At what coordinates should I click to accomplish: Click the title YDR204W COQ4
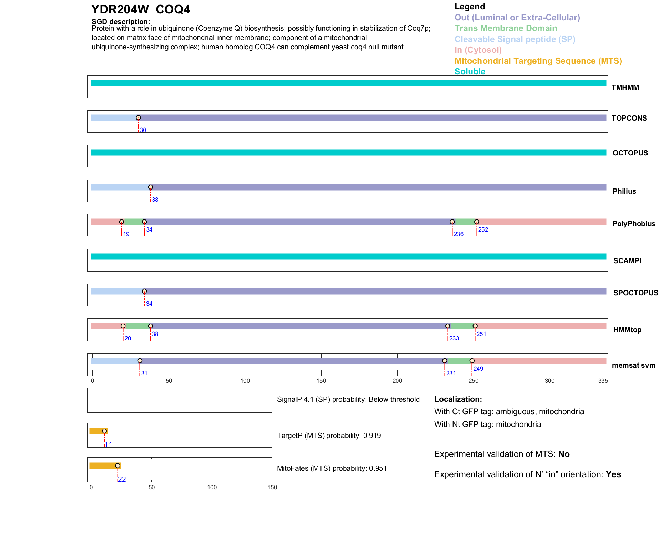click(x=141, y=10)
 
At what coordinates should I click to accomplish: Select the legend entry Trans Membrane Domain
click(x=506, y=28)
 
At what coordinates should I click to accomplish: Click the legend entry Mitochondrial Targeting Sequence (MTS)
click(x=538, y=61)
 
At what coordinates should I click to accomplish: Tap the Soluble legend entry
click(x=470, y=72)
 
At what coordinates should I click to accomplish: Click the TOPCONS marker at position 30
click(x=138, y=118)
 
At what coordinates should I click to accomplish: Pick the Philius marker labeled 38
click(x=150, y=187)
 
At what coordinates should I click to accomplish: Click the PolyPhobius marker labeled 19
click(x=121, y=222)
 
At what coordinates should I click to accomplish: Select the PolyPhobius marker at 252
click(x=477, y=222)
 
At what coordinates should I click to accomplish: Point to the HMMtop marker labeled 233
click(x=448, y=326)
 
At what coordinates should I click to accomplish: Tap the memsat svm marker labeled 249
click(x=472, y=361)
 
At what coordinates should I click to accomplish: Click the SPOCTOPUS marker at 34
click(x=144, y=292)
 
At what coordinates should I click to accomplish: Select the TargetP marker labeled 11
click(x=104, y=431)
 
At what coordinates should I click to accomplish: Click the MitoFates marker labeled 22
click(x=118, y=466)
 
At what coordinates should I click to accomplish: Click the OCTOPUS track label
click(x=630, y=153)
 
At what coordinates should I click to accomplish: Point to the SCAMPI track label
click(x=627, y=261)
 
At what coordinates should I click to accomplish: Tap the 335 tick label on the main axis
click(x=603, y=381)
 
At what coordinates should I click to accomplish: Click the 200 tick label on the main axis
click(x=397, y=381)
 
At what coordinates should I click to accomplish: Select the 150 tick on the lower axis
click(x=272, y=488)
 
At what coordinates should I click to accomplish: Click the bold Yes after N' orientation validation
click(x=613, y=474)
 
